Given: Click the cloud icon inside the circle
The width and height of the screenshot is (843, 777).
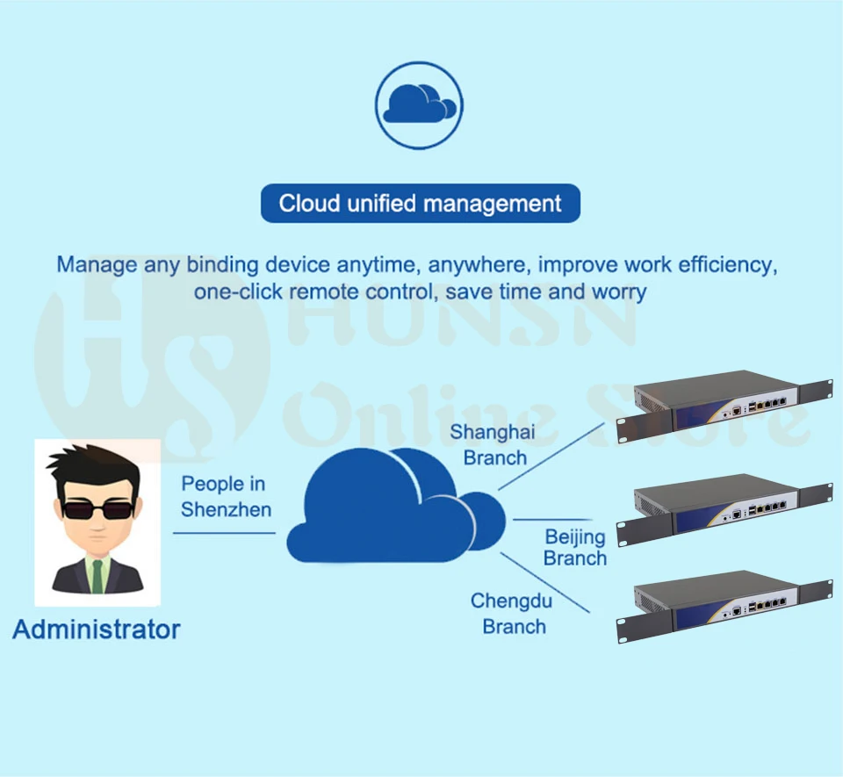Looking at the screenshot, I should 419,104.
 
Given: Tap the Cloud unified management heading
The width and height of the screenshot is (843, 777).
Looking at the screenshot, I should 420,204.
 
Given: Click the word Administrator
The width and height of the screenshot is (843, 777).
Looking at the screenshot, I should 96,630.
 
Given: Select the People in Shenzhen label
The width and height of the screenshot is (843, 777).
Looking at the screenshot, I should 226,497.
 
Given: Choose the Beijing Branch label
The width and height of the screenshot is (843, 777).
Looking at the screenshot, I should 575,547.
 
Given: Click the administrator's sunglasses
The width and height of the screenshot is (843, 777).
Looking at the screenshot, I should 97,508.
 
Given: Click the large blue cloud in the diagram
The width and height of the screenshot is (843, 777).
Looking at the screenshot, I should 395,509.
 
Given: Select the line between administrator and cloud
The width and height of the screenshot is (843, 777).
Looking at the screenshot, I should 224,532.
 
